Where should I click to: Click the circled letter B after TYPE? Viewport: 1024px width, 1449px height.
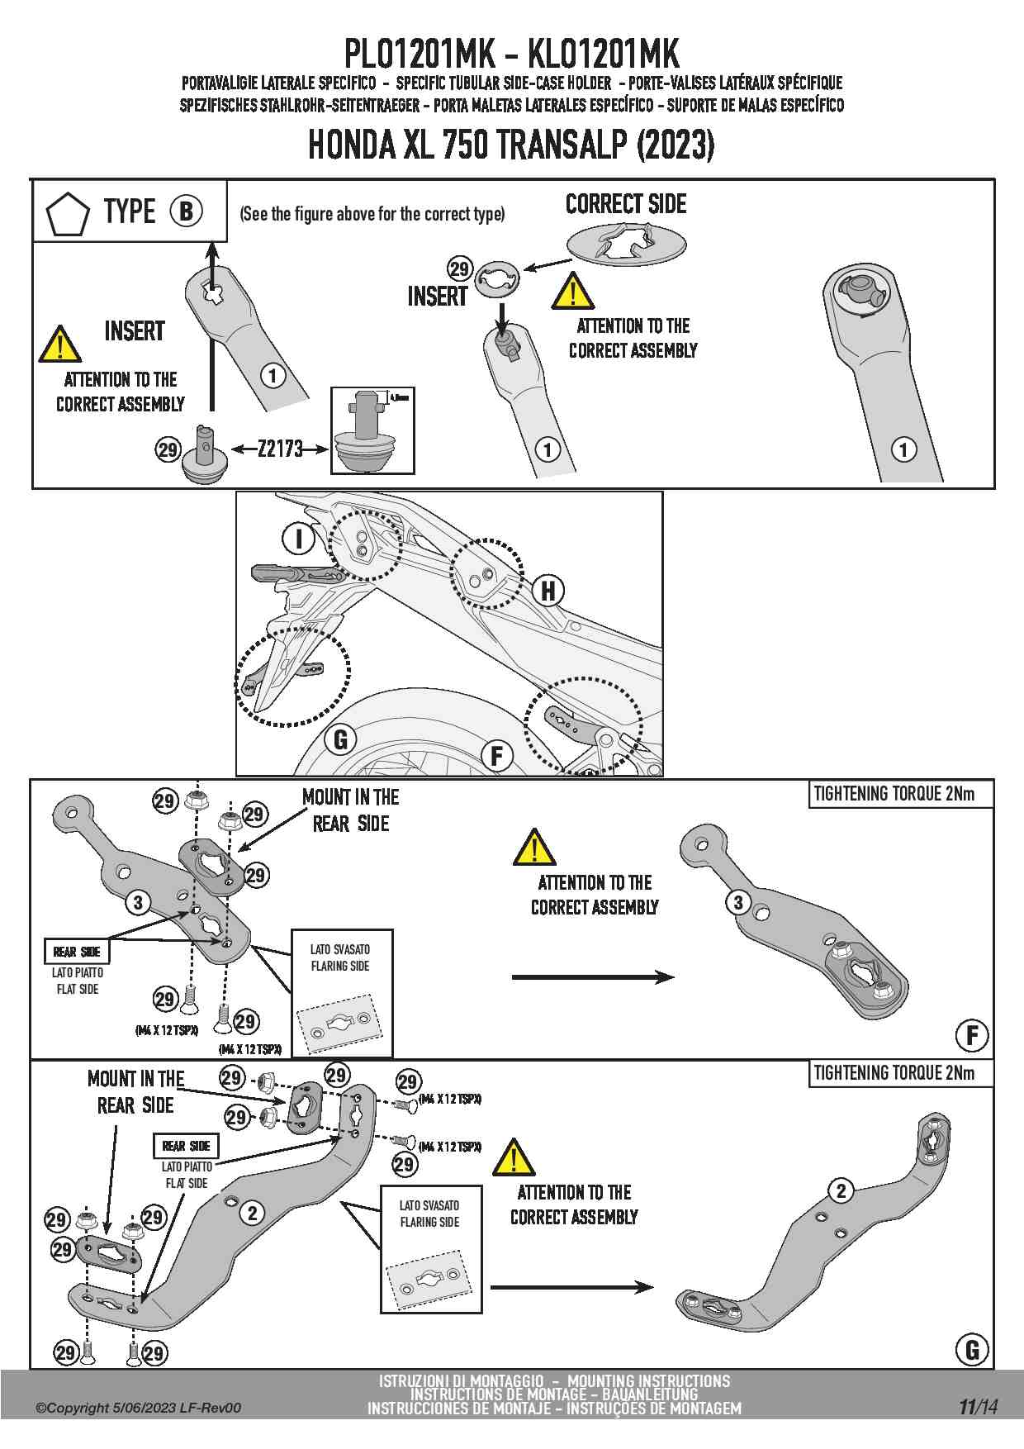pos(187,211)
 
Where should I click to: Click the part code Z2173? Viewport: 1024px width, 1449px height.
pos(280,449)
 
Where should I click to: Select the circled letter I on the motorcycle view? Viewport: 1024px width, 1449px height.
pos(298,539)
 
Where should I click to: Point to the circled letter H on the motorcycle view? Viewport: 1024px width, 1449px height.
pos(548,591)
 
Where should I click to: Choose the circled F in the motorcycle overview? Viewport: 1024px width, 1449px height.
pos(497,755)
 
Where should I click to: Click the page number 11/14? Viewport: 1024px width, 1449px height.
pos(978,1407)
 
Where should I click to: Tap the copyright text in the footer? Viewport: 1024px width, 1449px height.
pos(138,1408)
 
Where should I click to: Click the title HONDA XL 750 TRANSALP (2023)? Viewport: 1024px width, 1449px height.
pos(511,145)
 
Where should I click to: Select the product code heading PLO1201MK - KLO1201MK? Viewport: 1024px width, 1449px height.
pos(511,55)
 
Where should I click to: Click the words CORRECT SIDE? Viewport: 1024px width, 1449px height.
pos(626,204)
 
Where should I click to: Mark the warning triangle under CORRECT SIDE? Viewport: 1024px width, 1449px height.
pos(571,292)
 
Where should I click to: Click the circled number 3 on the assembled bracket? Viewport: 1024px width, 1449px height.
pos(738,902)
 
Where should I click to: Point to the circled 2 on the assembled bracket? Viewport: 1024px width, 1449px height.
pos(841,1190)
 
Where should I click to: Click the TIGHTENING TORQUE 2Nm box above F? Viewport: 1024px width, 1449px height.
pos(899,794)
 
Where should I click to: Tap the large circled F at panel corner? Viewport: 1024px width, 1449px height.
pos(972,1035)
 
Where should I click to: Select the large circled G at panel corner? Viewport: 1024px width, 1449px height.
pos(972,1350)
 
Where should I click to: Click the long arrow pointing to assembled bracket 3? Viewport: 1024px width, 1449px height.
pos(593,977)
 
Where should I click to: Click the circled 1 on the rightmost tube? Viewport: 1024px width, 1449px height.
pos(904,449)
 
